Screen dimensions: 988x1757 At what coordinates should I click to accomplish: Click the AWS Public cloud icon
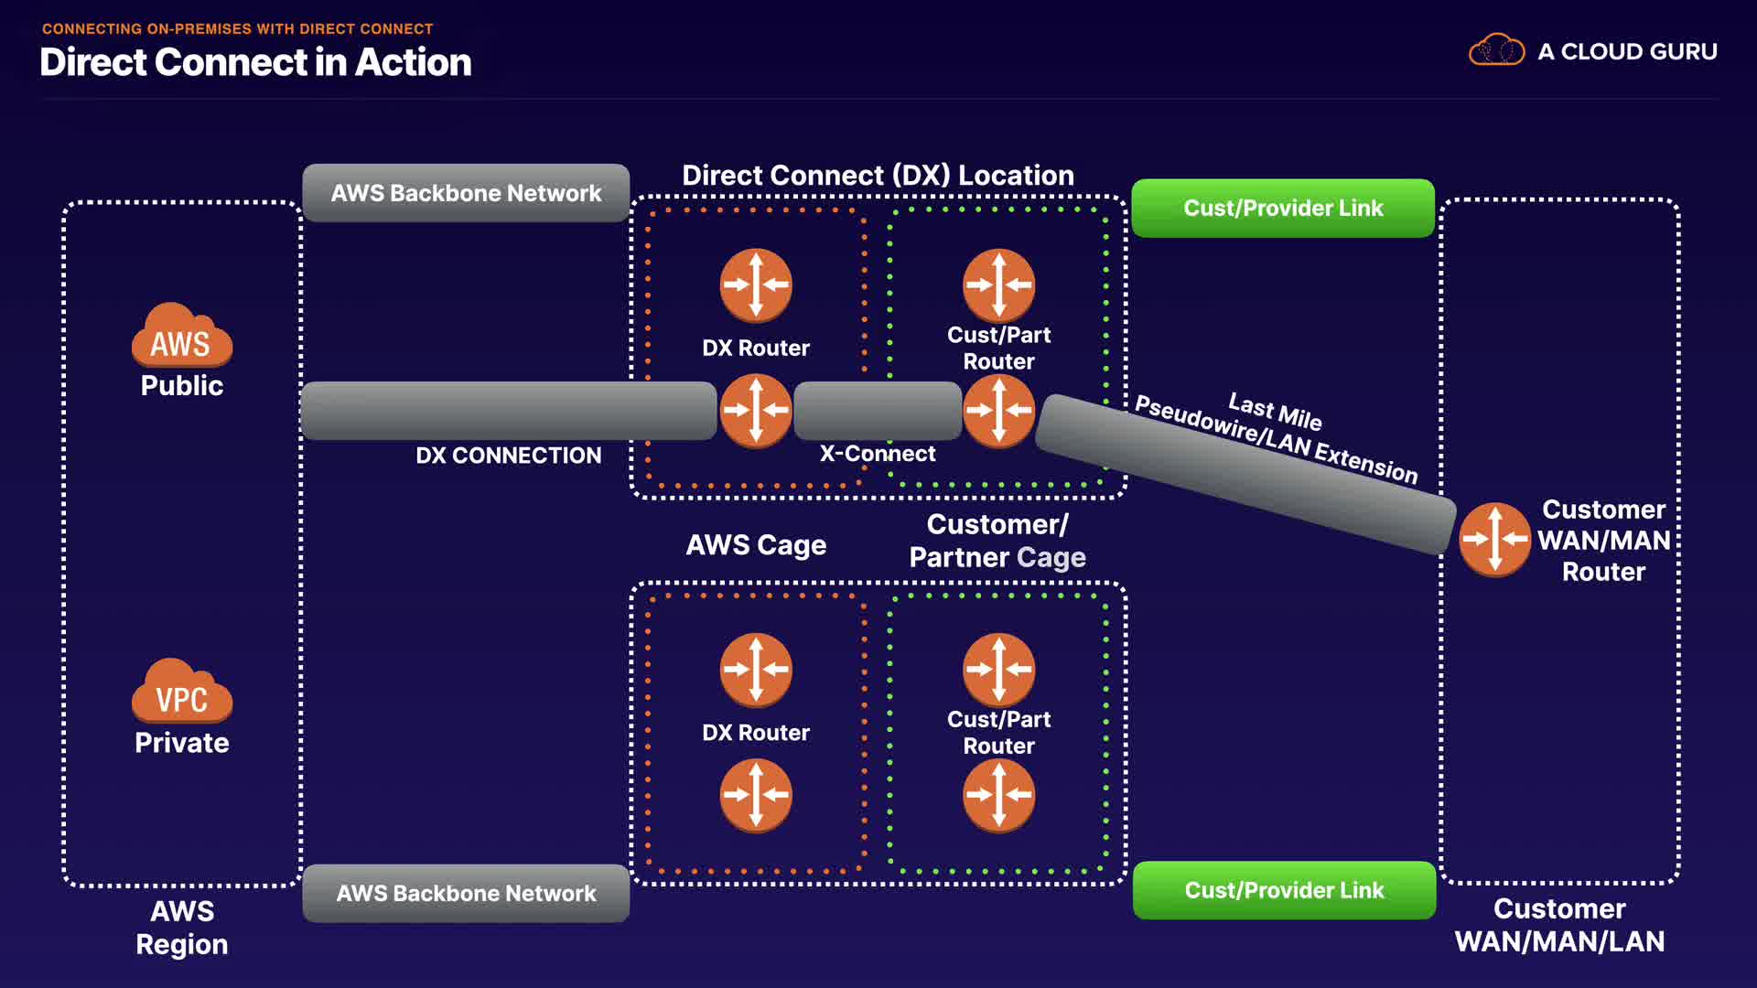pyautogui.click(x=181, y=336)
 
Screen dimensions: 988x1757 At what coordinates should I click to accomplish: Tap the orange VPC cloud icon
pyautogui.click(x=181, y=693)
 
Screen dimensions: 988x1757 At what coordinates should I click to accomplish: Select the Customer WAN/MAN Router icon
pyautogui.click(x=1494, y=540)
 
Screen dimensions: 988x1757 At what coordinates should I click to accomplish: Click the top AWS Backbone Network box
pyautogui.click(x=466, y=193)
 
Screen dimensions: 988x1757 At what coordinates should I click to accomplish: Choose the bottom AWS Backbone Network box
pyautogui.click(x=466, y=893)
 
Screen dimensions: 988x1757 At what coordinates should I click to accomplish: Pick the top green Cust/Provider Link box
pyautogui.click(x=1283, y=209)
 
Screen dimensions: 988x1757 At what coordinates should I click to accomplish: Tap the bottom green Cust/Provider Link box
pyautogui.click(x=1284, y=890)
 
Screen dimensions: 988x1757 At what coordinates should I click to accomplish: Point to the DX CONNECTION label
pyautogui.click(x=509, y=456)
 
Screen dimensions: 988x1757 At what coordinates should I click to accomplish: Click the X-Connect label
pyautogui.click(x=877, y=454)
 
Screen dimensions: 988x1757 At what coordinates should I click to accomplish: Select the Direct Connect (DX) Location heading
pyautogui.click(x=878, y=175)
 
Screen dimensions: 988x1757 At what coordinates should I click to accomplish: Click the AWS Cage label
pyautogui.click(x=756, y=545)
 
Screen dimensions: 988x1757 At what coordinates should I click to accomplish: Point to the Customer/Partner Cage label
pyautogui.click(x=997, y=541)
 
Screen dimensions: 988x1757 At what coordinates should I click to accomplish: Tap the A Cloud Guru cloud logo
pyautogui.click(x=1496, y=50)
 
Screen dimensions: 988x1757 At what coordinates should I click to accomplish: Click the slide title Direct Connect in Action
pyautogui.click(x=255, y=62)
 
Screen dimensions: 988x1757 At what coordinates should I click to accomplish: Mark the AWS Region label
pyautogui.click(x=182, y=928)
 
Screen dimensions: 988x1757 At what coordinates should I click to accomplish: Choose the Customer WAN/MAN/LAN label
pyautogui.click(x=1559, y=925)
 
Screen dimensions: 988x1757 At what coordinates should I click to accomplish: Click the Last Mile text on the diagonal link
pyautogui.click(x=1275, y=412)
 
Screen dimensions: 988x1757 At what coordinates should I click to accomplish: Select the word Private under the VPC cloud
pyautogui.click(x=181, y=743)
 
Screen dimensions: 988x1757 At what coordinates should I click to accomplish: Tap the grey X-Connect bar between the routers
pyautogui.click(x=877, y=411)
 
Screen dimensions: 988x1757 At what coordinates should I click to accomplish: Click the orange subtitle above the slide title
pyautogui.click(x=237, y=29)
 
